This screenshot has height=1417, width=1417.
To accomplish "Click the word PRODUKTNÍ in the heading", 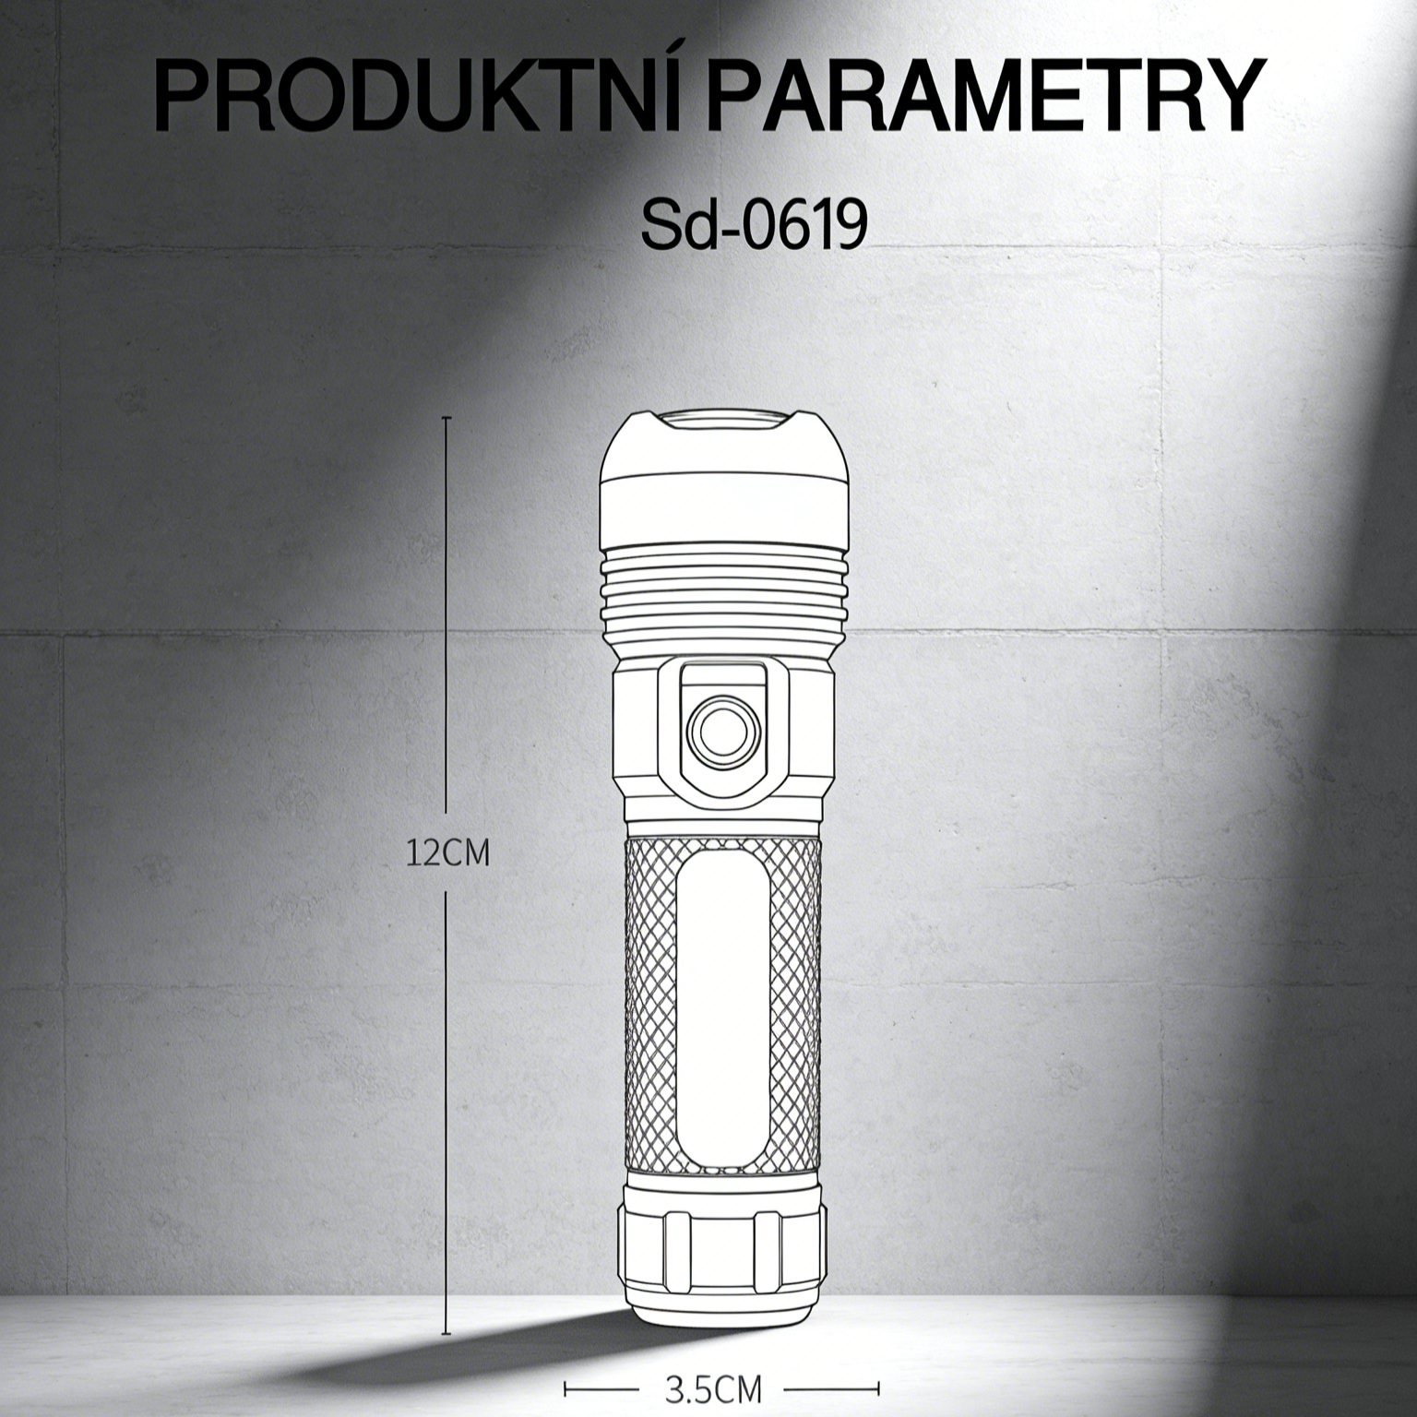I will coord(426,99).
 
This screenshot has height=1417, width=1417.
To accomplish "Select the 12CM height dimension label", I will coord(448,852).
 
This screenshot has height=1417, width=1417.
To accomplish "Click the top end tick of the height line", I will coord(447,419).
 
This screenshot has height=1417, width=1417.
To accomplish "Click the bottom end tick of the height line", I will coord(447,1334).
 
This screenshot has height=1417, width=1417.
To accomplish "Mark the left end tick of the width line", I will coord(565,1387).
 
